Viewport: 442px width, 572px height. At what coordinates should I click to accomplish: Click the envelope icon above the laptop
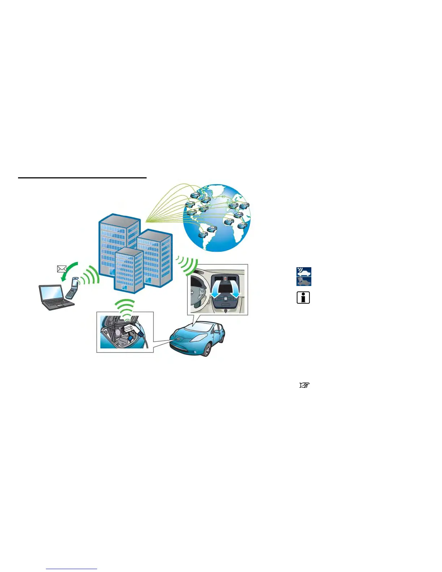62,269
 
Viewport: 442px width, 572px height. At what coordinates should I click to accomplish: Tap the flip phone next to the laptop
72,288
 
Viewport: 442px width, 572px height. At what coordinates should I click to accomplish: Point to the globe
217,217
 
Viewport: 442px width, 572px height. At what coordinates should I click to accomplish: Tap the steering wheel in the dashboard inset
197,292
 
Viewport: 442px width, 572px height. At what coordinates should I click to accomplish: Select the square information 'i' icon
303,298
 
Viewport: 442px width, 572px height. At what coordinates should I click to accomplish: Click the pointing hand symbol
304,385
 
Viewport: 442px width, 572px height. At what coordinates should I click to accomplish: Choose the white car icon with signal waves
304,272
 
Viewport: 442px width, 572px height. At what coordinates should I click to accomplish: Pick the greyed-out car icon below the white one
304,281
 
